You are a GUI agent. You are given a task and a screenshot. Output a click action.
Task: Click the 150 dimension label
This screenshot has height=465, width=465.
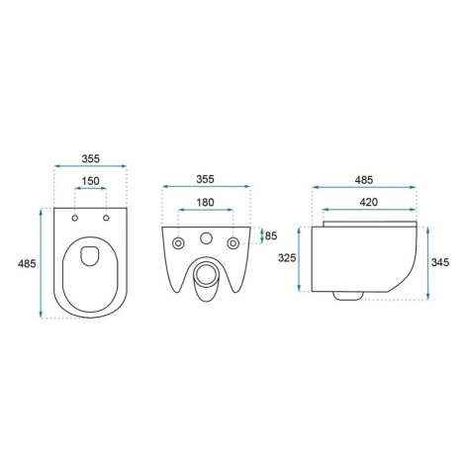90,181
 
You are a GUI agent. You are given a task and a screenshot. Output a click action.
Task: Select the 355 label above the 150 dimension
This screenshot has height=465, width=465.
90,158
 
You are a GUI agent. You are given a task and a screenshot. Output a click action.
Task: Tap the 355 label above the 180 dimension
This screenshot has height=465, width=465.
205,179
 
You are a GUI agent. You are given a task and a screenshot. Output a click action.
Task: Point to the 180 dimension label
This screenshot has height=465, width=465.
205,202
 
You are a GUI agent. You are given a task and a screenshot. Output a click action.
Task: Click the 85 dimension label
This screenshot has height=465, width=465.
271,235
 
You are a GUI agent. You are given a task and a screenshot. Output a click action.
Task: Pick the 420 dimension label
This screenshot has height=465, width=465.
368,202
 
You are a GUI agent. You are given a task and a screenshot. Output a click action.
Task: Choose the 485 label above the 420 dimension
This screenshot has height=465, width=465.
364,180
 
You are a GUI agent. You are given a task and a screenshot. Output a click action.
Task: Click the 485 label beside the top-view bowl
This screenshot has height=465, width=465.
27,263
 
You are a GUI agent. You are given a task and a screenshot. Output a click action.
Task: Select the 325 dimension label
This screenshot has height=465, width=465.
287,257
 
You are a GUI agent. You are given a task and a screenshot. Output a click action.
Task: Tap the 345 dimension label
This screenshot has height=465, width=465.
440,262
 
